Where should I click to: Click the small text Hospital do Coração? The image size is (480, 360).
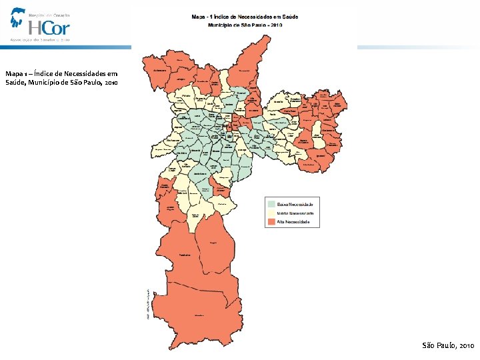tap(49, 14)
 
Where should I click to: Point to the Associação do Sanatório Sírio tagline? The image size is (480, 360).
tap(40, 39)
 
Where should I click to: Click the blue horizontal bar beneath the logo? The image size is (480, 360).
tap(67, 47)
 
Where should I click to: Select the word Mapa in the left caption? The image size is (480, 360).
tap(13, 74)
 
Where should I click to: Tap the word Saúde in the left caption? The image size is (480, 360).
tap(15, 83)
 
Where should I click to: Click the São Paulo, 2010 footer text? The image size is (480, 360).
tap(448, 346)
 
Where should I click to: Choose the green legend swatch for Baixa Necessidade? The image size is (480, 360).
tap(271, 203)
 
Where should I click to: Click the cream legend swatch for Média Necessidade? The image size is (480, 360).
tap(271, 213)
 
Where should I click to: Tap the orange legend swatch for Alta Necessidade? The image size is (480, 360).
tap(271, 222)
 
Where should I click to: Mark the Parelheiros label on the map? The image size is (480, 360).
tap(186, 255)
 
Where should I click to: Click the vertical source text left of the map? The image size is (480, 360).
tap(148, 304)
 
